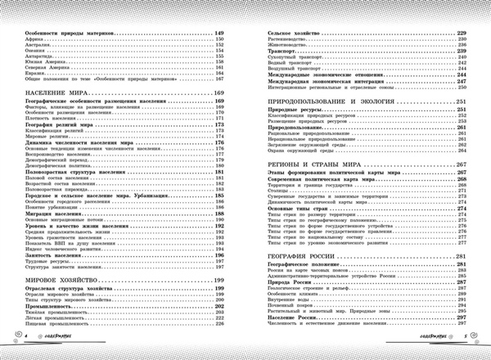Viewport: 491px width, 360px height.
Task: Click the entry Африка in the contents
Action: click(x=31, y=38)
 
